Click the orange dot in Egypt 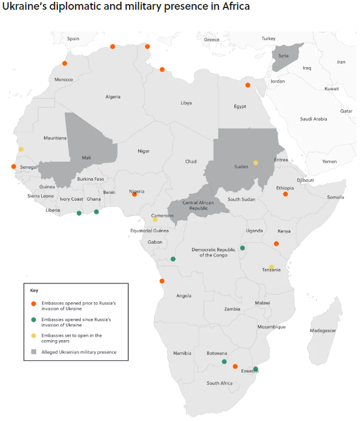248,85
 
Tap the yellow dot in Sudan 256,162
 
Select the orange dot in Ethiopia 285,194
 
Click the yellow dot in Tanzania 272,267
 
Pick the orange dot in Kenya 276,244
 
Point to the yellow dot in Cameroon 155,220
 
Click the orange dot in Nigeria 135,194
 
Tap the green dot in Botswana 224,362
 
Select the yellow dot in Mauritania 21,149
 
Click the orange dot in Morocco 65,64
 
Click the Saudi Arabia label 313,119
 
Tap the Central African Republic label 198,205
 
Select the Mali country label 86,157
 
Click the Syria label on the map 283,56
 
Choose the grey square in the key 34,352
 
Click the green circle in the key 34,319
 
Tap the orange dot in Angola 162,281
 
